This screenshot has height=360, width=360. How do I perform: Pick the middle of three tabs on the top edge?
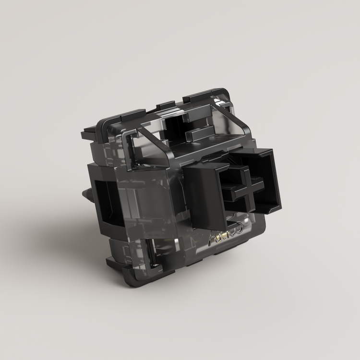pos(166,104)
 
